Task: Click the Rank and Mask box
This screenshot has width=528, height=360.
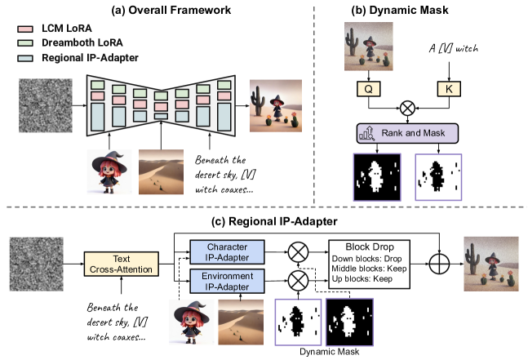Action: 406,133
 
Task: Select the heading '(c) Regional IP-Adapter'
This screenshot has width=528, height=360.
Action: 264,220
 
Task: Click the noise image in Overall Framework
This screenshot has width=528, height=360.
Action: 46,102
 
